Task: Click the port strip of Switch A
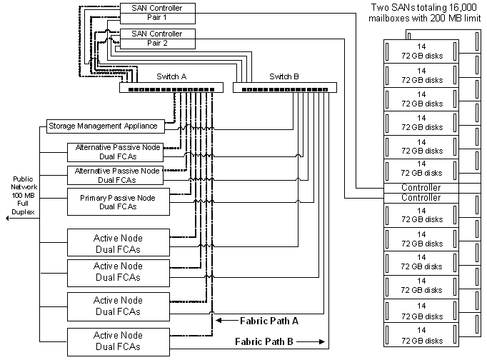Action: [x=171, y=88]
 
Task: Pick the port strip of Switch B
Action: [x=286, y=88]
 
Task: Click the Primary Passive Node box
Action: [x=118, y=202]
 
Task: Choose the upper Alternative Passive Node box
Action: [x=118, y=151]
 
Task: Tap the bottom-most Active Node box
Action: [x=118, y=340]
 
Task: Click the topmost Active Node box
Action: [x=118, y=242]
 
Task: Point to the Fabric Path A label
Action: [x=268, y=321]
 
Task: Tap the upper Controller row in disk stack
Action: [x=421, y=187]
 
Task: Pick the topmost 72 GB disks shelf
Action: [x=421, y=51]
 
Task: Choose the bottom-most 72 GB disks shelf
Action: [x=421, y=335]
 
